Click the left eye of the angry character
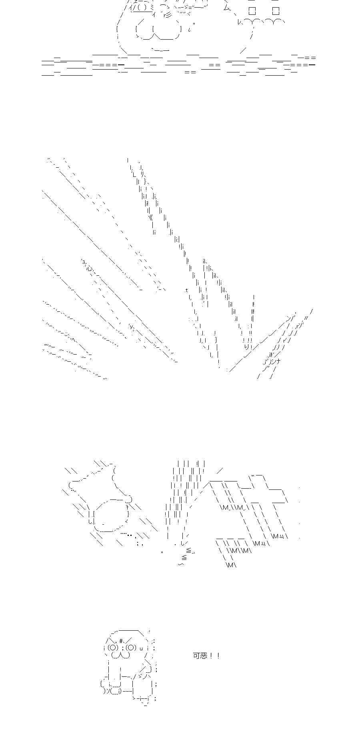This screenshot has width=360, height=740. pos(113,648)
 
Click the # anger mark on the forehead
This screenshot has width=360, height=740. pos(121,641)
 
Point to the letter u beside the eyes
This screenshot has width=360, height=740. pos(141,648)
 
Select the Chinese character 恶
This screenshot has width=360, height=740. pos(204,656)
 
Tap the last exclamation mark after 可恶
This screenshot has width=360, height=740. pos(218,656)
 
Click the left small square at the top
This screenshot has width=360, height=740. pos(252,11)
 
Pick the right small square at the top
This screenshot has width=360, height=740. pos(276,11)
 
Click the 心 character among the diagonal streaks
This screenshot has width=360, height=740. pos(90,268)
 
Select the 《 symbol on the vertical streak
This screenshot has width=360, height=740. pos(150,217)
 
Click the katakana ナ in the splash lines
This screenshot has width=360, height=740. pos(278,361)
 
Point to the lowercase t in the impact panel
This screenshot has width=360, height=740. pos(186,290)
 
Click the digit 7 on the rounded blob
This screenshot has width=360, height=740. pos(128,507)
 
